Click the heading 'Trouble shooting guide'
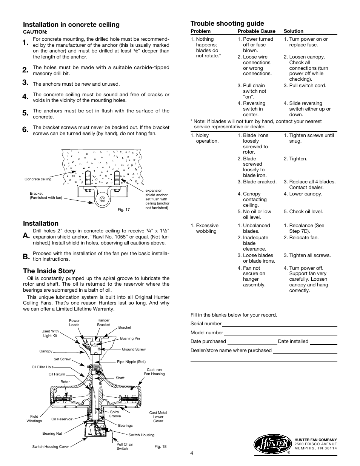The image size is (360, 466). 227,23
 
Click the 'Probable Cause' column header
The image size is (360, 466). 256,31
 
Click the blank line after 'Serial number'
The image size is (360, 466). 279,324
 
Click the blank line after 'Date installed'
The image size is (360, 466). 323,341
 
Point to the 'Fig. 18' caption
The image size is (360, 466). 160,446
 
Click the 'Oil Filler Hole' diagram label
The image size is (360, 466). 43,367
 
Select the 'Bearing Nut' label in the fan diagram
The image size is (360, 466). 52,433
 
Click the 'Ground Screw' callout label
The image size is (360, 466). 134,349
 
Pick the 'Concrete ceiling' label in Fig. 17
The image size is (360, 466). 38,179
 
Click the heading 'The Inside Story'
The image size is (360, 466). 49,271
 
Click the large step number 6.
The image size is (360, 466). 25,130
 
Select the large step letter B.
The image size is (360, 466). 25,257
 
